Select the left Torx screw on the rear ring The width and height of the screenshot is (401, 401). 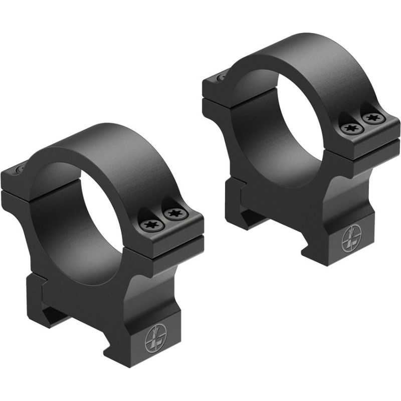click(351, 129)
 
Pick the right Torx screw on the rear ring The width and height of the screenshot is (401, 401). click(372, 119)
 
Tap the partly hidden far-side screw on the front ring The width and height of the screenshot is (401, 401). click(19, 170)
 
